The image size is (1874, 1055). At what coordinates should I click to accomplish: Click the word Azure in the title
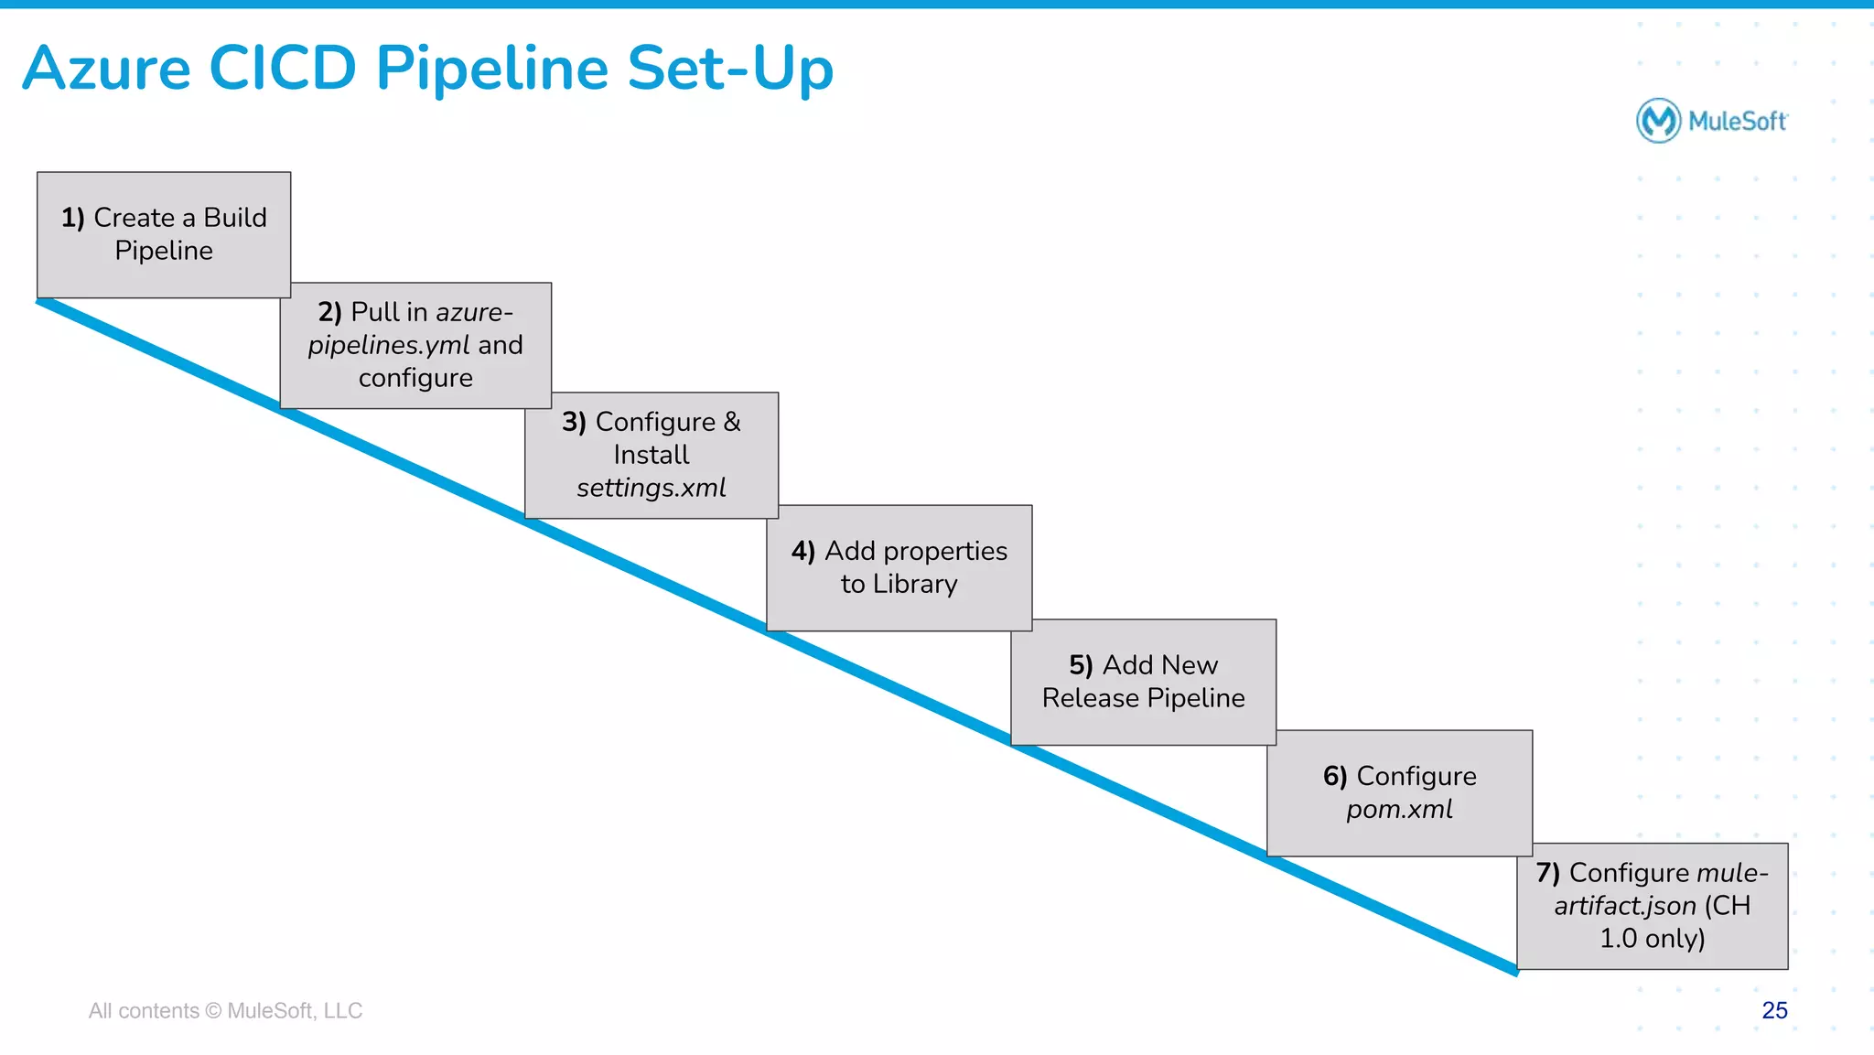[x=107, y=70]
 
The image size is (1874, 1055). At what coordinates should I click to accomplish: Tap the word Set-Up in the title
[x=730, y=70]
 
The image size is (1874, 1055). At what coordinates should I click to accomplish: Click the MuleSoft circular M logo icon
[x=1658, y=121]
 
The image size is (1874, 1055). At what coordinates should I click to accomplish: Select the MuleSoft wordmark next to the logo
[x=1738, y=122]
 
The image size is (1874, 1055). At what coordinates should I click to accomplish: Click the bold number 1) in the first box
[x=72, y=218]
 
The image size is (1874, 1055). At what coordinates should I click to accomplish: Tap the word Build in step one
[x=235, y=218]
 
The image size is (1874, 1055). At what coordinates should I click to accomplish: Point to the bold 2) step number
[x=329, y=312]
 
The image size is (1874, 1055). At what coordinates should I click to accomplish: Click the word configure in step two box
[x=415, y=378]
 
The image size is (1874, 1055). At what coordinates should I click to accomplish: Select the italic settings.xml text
[x=651, y=488]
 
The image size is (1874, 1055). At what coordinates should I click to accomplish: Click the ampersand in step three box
[x=732, y=422]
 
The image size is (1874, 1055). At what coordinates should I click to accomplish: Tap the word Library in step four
[x=915, y=584]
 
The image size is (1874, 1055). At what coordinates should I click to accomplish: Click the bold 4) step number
[x=802, y=551]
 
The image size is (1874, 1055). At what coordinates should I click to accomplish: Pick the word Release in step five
[x=1090, y=698]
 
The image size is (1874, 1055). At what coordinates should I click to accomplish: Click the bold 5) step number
[x=1081, y=665]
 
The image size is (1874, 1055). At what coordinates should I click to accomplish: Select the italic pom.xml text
[x=1399, y=810]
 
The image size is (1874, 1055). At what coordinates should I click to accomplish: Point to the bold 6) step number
[x=1335, y=777]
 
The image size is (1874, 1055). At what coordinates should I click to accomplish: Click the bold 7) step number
[x=1547, y=873]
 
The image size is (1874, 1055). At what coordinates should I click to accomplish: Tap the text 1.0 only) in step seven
[x=1652, y=939]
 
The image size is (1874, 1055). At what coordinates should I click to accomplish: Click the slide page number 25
[x=1774, y=1010]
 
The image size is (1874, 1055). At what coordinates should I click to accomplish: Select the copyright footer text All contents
[x=144, y=1011]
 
